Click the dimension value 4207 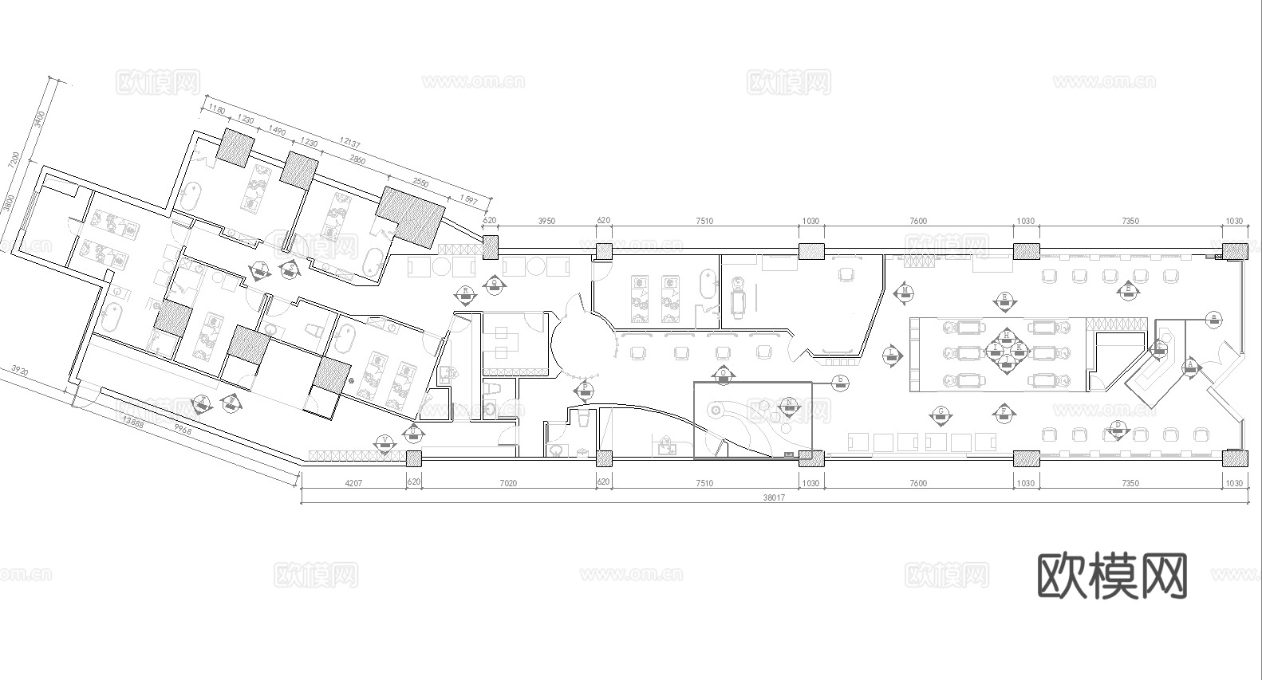tap(353, 483)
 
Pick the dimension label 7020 tap(508, 483)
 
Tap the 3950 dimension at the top tap(546, 221)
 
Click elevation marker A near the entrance tap(1191, 365)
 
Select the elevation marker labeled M tap(905, 291)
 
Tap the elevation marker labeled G tap(941, 413)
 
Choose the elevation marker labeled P tap(585, 389)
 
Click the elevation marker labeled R tap(465, 293)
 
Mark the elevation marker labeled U tap(413, 431)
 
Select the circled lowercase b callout tap(839, 381)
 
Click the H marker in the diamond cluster tap(1006, 336)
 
